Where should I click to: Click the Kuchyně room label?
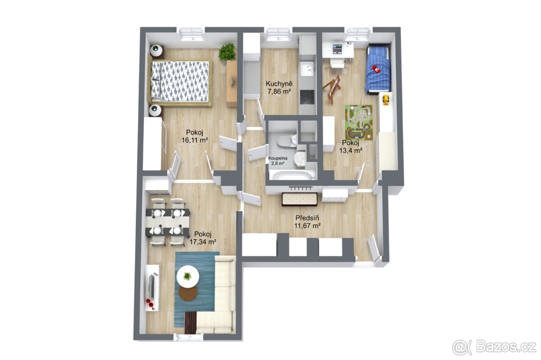click(x=279, y=84)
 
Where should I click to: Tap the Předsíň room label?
click(x=307, y=218)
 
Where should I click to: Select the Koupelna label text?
click(x=278, y=159)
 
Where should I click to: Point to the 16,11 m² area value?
click(x=195, y=140)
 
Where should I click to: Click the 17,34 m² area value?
click(x=202, y=242)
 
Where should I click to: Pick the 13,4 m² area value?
click(x=351, y=150)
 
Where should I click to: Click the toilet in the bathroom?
click(x=287, y=141)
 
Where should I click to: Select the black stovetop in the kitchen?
click(x=307, y=97)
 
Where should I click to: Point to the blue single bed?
click(x=378, y=68)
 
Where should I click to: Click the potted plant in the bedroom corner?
click(x=227, y=51)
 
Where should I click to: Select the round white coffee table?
click(x=188, y=276)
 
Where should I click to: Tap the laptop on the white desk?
click(x=337, y=49)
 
